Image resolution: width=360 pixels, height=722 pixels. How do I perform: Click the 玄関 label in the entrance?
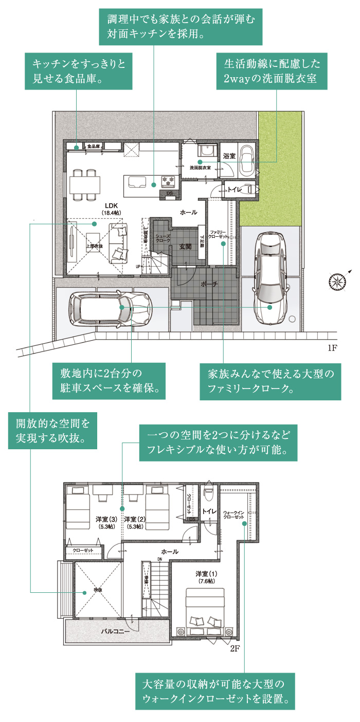click(x=185, y=247)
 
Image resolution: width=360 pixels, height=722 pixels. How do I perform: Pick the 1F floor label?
click(x=332, y=348)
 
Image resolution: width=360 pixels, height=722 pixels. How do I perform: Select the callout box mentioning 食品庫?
click(x=79, y=72)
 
